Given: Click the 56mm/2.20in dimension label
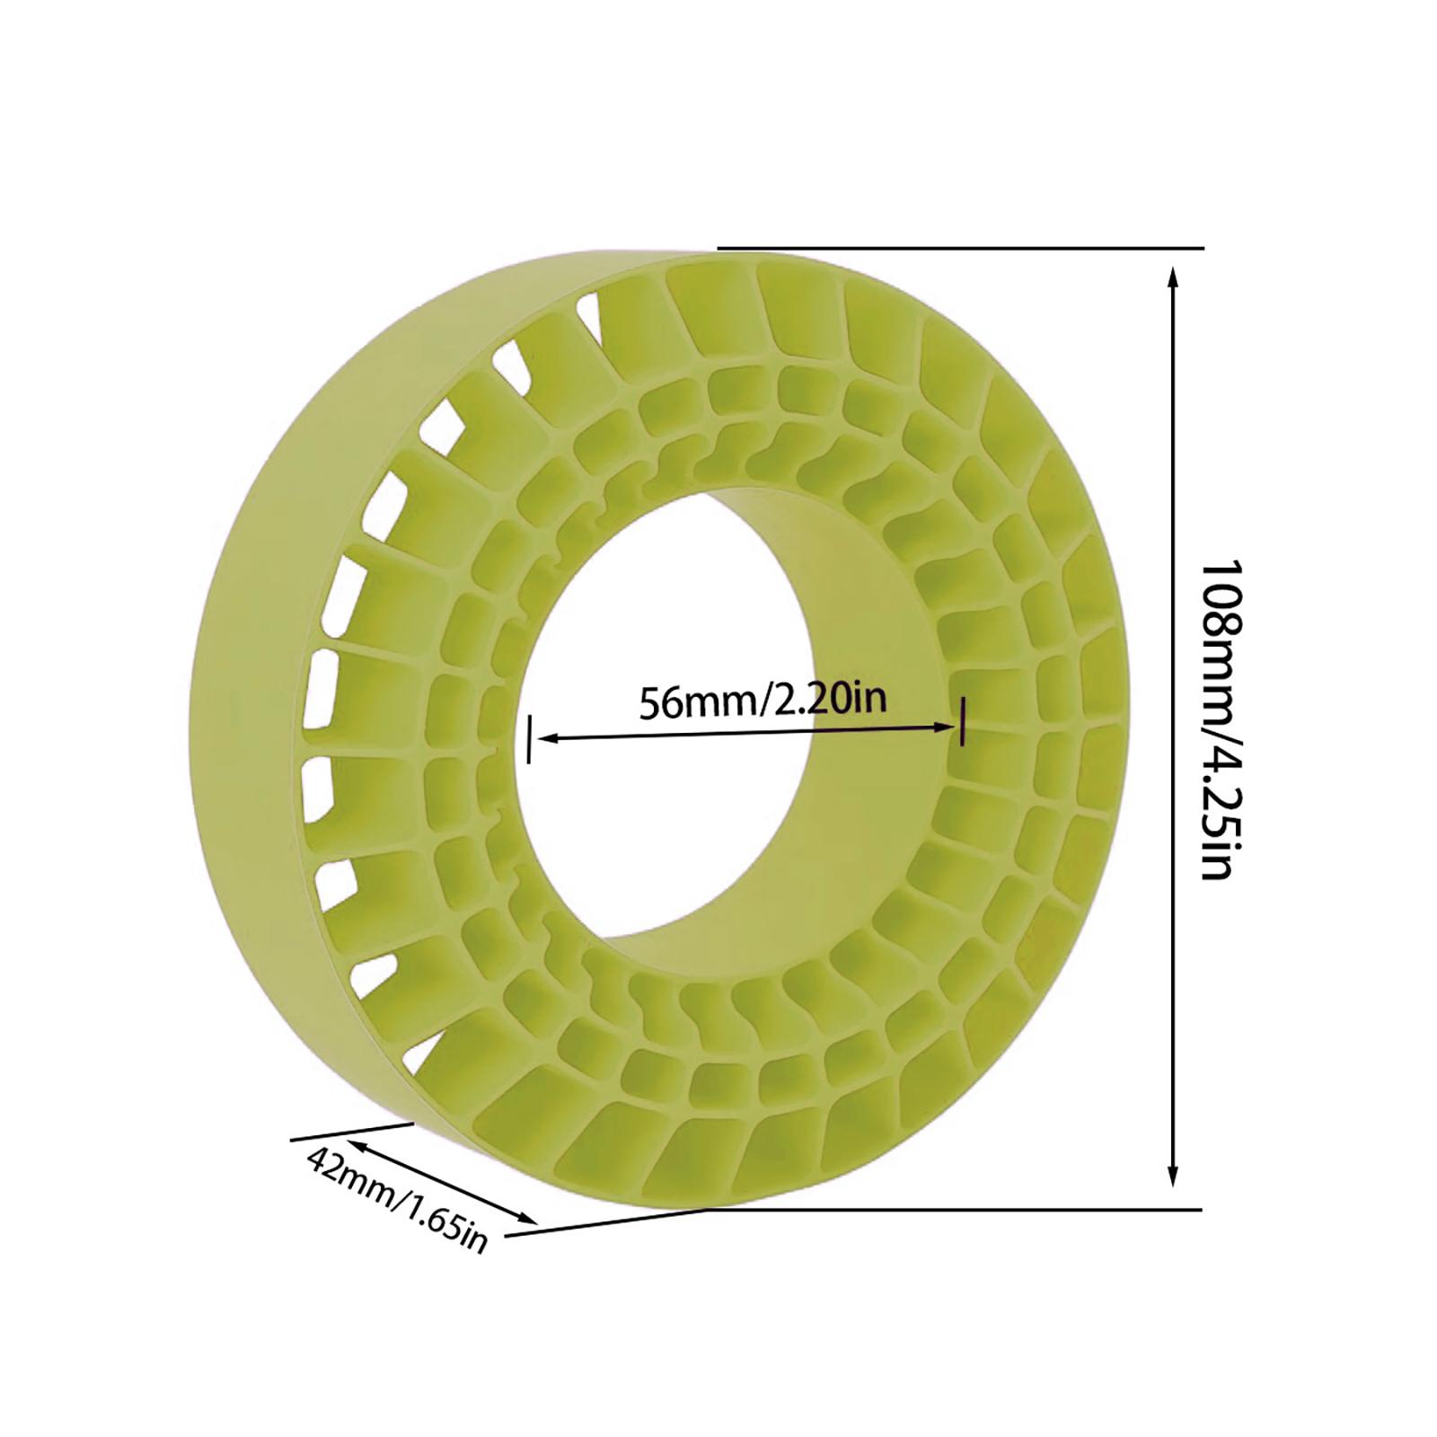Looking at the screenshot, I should (763, 701).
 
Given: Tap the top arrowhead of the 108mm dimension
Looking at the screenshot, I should (1172, 275).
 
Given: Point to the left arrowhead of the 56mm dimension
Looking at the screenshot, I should (544, 738).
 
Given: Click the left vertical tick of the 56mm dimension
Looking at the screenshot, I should (530, 739).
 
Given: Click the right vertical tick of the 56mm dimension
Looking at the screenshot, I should (962, 721).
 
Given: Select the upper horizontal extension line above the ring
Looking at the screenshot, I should (961, 248).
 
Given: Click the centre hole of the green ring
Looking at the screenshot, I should (683, 808).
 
